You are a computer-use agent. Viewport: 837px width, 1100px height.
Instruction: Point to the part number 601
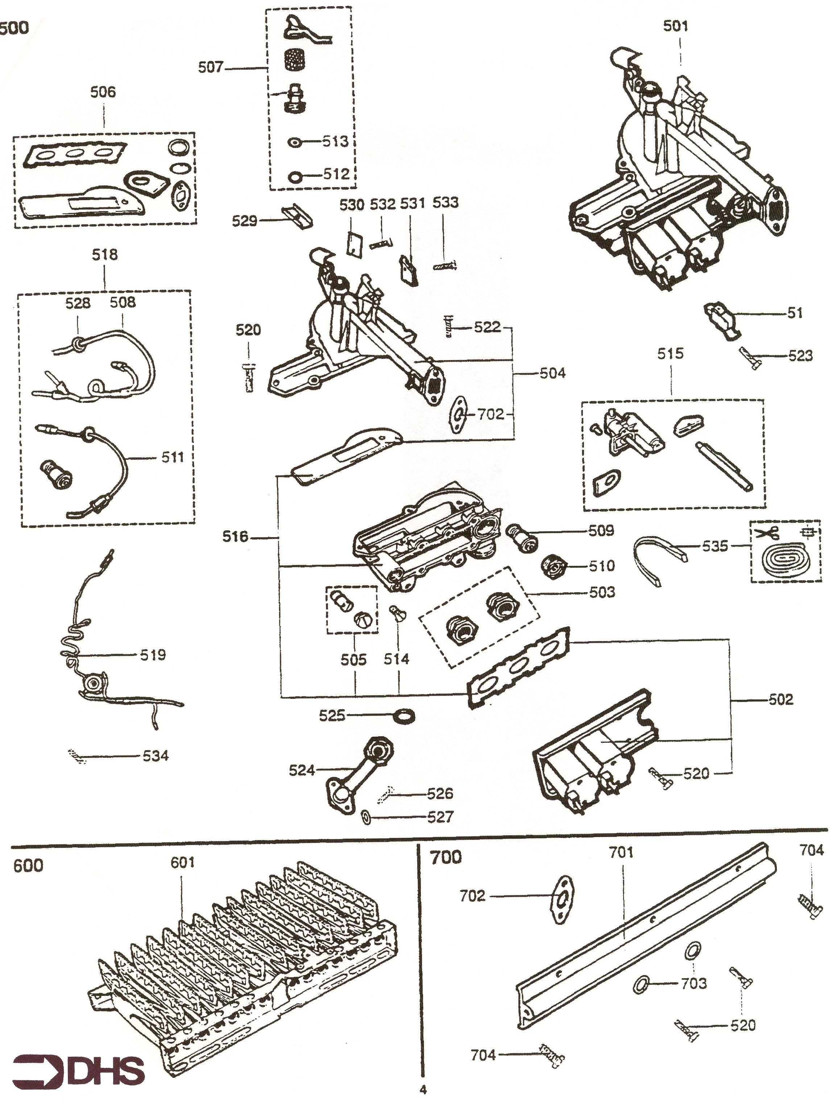click(182, 862)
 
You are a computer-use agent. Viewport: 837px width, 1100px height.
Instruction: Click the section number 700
click(446, 858)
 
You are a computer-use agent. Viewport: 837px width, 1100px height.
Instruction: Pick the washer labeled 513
click(294, 143)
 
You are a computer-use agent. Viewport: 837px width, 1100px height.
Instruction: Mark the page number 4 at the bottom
click(423, 1090)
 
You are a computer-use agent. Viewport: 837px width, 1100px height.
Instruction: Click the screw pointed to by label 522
click(448, 328)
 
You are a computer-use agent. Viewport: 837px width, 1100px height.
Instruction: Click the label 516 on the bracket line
click(235, 537)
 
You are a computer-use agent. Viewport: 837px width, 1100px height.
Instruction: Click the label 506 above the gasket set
click(103, 92)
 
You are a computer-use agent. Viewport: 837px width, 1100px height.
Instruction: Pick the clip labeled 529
click(298, 216)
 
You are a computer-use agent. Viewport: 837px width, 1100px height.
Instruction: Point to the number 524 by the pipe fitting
click(302, 771)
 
